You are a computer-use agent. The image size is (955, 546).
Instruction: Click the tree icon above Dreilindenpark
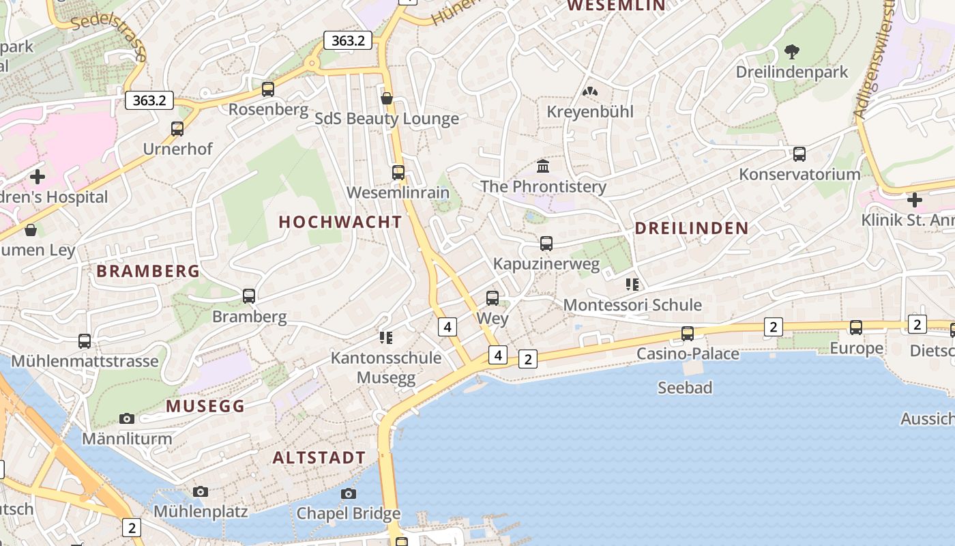[792, 51]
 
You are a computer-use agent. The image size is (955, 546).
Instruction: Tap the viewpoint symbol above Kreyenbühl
[590, 91]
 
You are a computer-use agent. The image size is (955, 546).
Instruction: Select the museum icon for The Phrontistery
[543, 166]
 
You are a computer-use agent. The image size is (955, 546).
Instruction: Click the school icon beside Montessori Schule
[632, 284]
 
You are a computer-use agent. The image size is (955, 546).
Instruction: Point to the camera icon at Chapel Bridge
[349, 493]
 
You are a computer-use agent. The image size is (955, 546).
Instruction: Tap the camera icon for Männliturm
[127, 418]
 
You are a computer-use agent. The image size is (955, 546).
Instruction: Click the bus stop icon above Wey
[493, 298]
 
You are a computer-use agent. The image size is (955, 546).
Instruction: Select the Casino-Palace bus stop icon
[688, 333]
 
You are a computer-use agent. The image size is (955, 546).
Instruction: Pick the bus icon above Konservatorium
[799, 154]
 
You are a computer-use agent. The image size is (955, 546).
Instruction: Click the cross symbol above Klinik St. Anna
[915, 200]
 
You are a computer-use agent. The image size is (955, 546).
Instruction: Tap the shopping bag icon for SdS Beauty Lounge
[387, 98]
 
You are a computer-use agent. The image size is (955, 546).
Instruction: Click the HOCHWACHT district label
[340, 222]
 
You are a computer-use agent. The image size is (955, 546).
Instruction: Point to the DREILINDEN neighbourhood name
[692, 228]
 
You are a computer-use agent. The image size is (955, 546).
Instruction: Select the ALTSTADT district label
[319, 457]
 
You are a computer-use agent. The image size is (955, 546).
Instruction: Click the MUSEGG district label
[205, 406]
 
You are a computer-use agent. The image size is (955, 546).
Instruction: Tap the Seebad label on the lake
[685, 388]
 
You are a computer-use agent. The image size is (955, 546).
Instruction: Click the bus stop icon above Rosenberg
[268, 89]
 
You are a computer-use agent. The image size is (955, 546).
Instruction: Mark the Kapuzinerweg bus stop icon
[546, 243]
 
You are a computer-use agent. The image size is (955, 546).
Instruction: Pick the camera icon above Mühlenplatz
[200, 491]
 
